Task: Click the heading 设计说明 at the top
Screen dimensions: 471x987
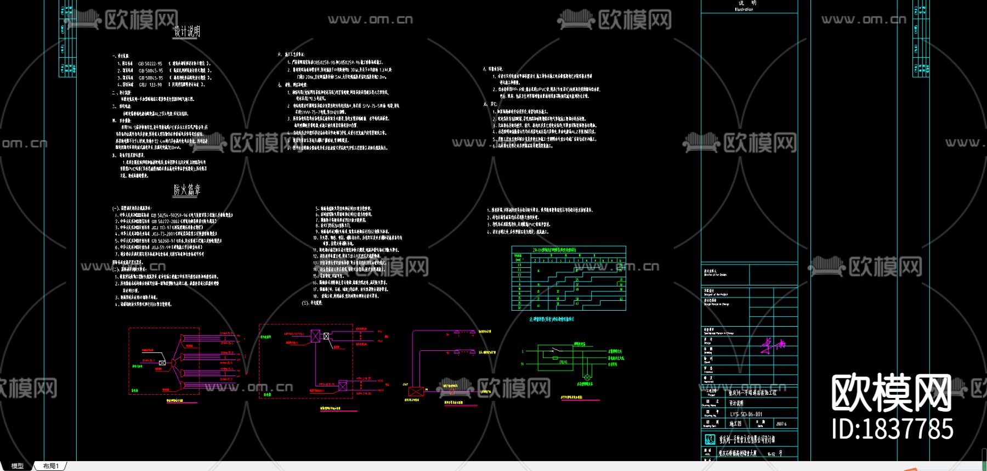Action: click(187, 31)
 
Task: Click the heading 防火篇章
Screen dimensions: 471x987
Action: click(187, 190)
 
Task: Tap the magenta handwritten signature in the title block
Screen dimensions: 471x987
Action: click(773, 345)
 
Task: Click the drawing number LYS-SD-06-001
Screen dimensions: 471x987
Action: click(746, 414)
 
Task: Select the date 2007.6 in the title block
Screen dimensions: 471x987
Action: click(781, 424)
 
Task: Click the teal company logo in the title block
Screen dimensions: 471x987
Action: click(710, 439)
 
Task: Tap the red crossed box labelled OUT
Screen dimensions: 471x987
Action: click(416, 391)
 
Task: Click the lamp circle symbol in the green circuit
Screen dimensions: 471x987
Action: click(587, 378)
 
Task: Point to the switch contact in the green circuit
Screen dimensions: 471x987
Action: click(556, 350)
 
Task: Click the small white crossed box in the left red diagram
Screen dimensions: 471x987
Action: click(162, 363)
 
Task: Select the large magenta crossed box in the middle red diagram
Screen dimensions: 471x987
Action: click(315, 336)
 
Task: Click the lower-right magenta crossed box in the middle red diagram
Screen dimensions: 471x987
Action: click(343, 386)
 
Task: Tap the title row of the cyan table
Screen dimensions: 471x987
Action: click(569, 250)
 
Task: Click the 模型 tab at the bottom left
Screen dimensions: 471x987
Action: click(18, 466)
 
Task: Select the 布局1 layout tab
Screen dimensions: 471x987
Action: click(51, 466)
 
